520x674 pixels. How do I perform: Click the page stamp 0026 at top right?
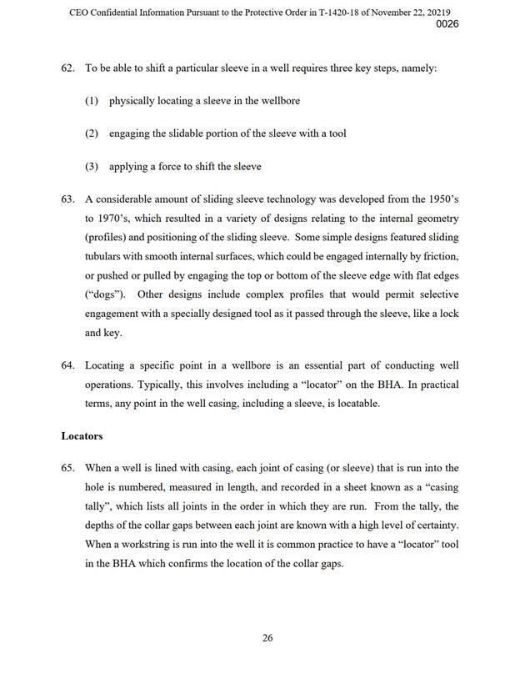447,24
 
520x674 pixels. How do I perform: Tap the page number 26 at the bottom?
267,638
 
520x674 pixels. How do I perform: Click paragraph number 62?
69,68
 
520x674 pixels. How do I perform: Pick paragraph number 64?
69,366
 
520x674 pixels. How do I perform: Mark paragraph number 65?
69,469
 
